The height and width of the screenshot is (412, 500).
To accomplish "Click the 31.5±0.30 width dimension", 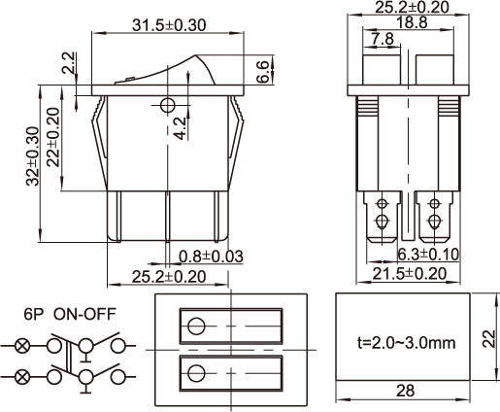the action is pyautogui.click(x=169, y=25).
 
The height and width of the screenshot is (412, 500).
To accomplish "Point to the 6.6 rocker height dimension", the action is pyautogui.click(x=263, y=71).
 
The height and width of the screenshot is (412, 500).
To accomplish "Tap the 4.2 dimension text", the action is pyautogui.click(x=181, y=128).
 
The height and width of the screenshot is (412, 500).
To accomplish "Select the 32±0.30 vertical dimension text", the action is pyautogui.click(x=33, y=156).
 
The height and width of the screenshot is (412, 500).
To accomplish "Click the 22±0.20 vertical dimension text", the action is pyautogui.click(x=53, y=137).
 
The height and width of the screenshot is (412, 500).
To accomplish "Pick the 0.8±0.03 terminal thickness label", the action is pyautogui.click(x=211, y=257).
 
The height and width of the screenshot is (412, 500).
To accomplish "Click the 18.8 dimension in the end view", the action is pyautogui.click(x=412, y=22).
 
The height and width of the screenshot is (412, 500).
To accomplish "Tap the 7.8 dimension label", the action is pyautogui.click(x=383, y=39).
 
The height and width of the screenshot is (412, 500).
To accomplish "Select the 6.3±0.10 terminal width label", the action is pyautogui.click(x=428, y=255).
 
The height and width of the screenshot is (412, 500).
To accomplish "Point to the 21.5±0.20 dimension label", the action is pyautogui.click(x=410, y=274).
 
